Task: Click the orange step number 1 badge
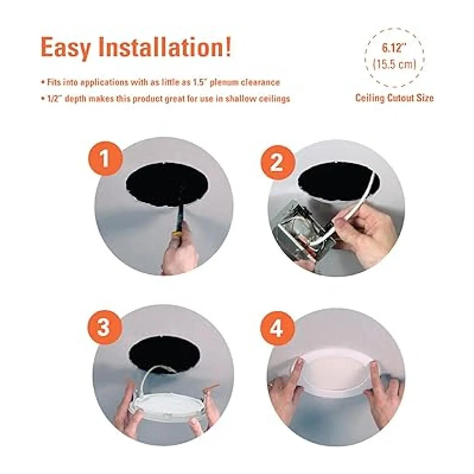click(x=105, y=159)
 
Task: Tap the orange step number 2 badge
click(x=277, y=164)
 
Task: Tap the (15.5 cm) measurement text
click(x=394, y=65)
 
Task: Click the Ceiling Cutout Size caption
click(x=394, y=98)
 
